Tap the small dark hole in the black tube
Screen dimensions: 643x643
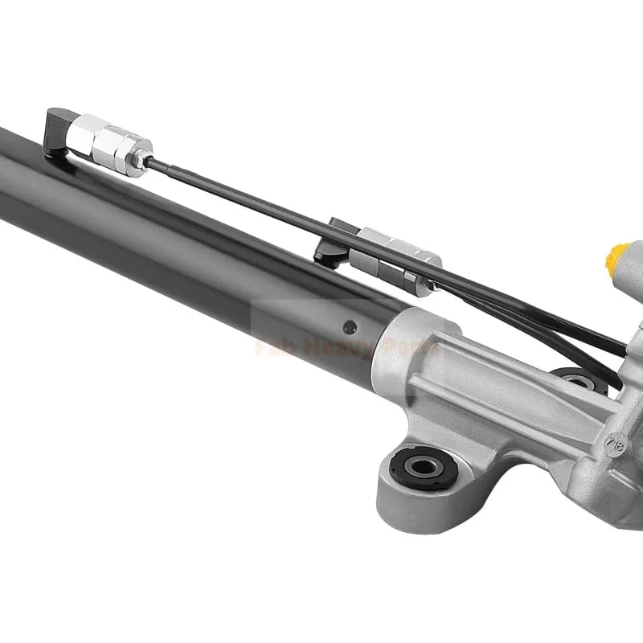(349, 327)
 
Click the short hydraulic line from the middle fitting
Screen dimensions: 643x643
(514, 313)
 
